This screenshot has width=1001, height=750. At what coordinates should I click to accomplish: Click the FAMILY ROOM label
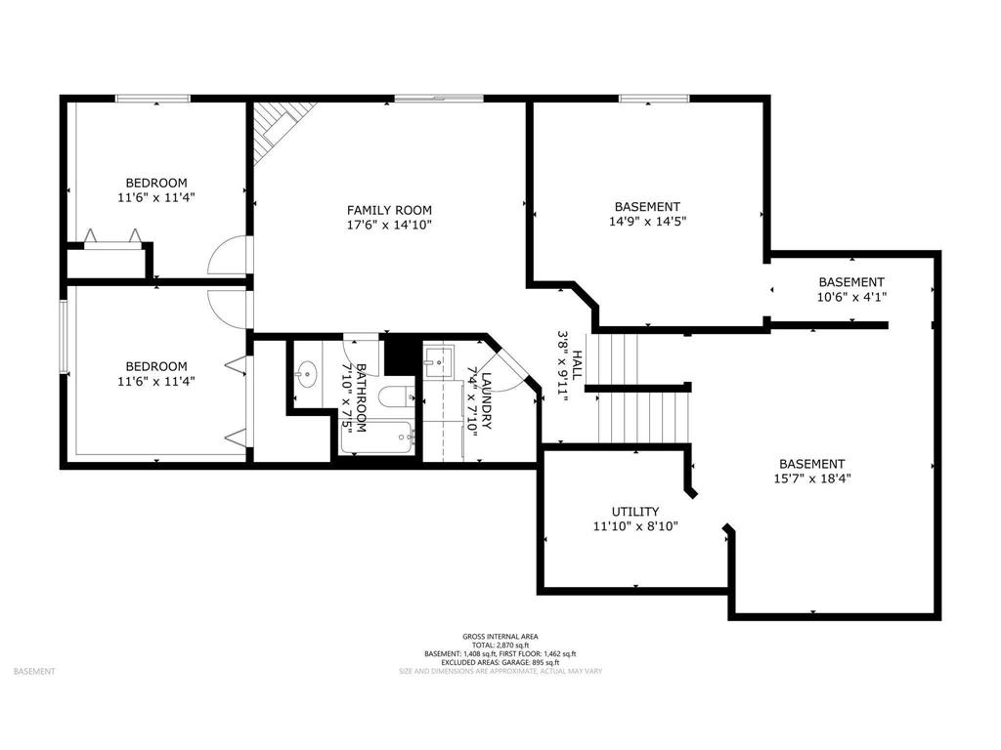pyautogui.click(x=389, y=210)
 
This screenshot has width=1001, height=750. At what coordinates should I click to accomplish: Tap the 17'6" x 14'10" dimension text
pyautogui.click(x=389, y=225)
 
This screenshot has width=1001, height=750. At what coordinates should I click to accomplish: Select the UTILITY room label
pyautogui.click(x=635, y=512)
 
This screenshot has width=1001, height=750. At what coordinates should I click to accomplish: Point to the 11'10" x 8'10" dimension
pyautogui.click(x=635, y=526)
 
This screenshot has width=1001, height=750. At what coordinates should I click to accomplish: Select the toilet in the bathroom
pyautogui.click(x=396, y=396)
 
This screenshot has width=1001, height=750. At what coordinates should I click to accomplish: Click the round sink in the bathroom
pyautogui.click(x=308, y=372)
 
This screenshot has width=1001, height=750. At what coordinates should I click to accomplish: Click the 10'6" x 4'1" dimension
pyautogui.click(x=851, y=296)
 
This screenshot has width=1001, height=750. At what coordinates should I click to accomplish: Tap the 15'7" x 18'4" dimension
pyautogui.click(x=811, y=479)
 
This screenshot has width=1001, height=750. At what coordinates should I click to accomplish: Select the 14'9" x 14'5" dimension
pyautogui.click(x=647, y=221)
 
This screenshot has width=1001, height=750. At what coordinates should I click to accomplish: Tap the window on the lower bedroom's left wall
pyautogui.click(x=63, y=336)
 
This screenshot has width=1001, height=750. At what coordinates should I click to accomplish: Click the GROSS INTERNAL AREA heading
pyautogui.click(x=500, y=636)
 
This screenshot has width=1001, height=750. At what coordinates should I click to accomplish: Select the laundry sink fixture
pyautogui.click(x=435, y=358)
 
